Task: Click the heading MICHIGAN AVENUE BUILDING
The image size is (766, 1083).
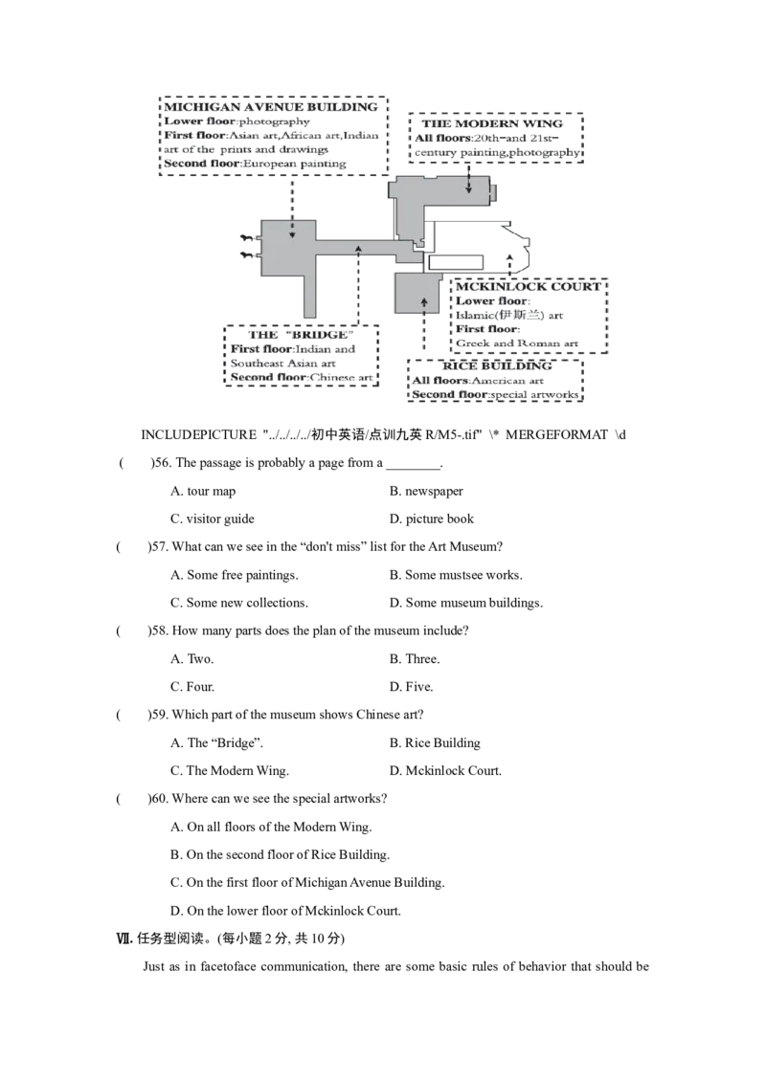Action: pyautogui.click(x=271, y=107)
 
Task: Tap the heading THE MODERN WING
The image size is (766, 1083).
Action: pyautogui.click(x=492, y=123)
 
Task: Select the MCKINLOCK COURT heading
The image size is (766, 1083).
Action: pyautogui.click(x=529, y=287)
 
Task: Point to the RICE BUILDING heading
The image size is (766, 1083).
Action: pyautogui.click(x=497, y=366)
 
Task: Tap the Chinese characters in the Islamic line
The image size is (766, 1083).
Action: pyautogui.click(x=521, y=315)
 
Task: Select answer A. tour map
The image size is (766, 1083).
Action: pyautogui.click(x=203, y=491)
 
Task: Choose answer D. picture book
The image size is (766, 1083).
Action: pyautogui.click(x=432, y=519)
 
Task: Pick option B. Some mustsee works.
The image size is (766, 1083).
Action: pyautogui.click(x=456, y=575)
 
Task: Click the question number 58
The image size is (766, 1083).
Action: pyautogui.click(x=159, y=630)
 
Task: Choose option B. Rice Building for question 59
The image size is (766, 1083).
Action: pyautogui.click(x=435, y=742)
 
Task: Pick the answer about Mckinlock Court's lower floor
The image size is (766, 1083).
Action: pyautogui.click(x=285, y=911)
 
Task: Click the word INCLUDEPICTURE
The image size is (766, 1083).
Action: pyautogui.click(x=198, y=434)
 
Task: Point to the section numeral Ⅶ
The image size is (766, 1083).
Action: pyautogui.click(x=124, y=938)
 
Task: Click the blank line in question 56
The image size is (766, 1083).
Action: pyautogui.click(x=413, y=468)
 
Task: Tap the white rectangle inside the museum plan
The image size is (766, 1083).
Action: pyautogui.click(x=456, y=262)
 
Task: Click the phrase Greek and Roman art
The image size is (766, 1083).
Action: pyautogui.click(x=516, y=343)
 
